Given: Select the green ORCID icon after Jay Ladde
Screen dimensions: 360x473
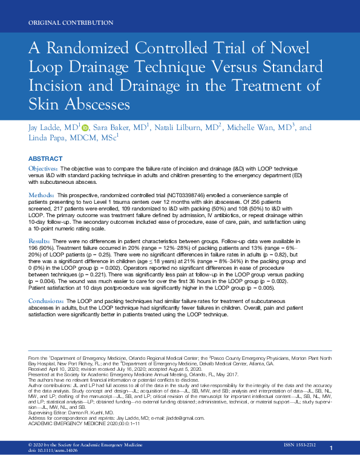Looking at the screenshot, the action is pos(85,128).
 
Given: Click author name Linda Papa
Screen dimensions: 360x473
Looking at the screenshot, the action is pos(45,139).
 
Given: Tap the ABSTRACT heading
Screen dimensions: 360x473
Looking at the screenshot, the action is pos(45,158).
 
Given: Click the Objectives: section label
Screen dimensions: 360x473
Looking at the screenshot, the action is pos(44,167).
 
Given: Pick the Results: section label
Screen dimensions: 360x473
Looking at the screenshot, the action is pos(39,241).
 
